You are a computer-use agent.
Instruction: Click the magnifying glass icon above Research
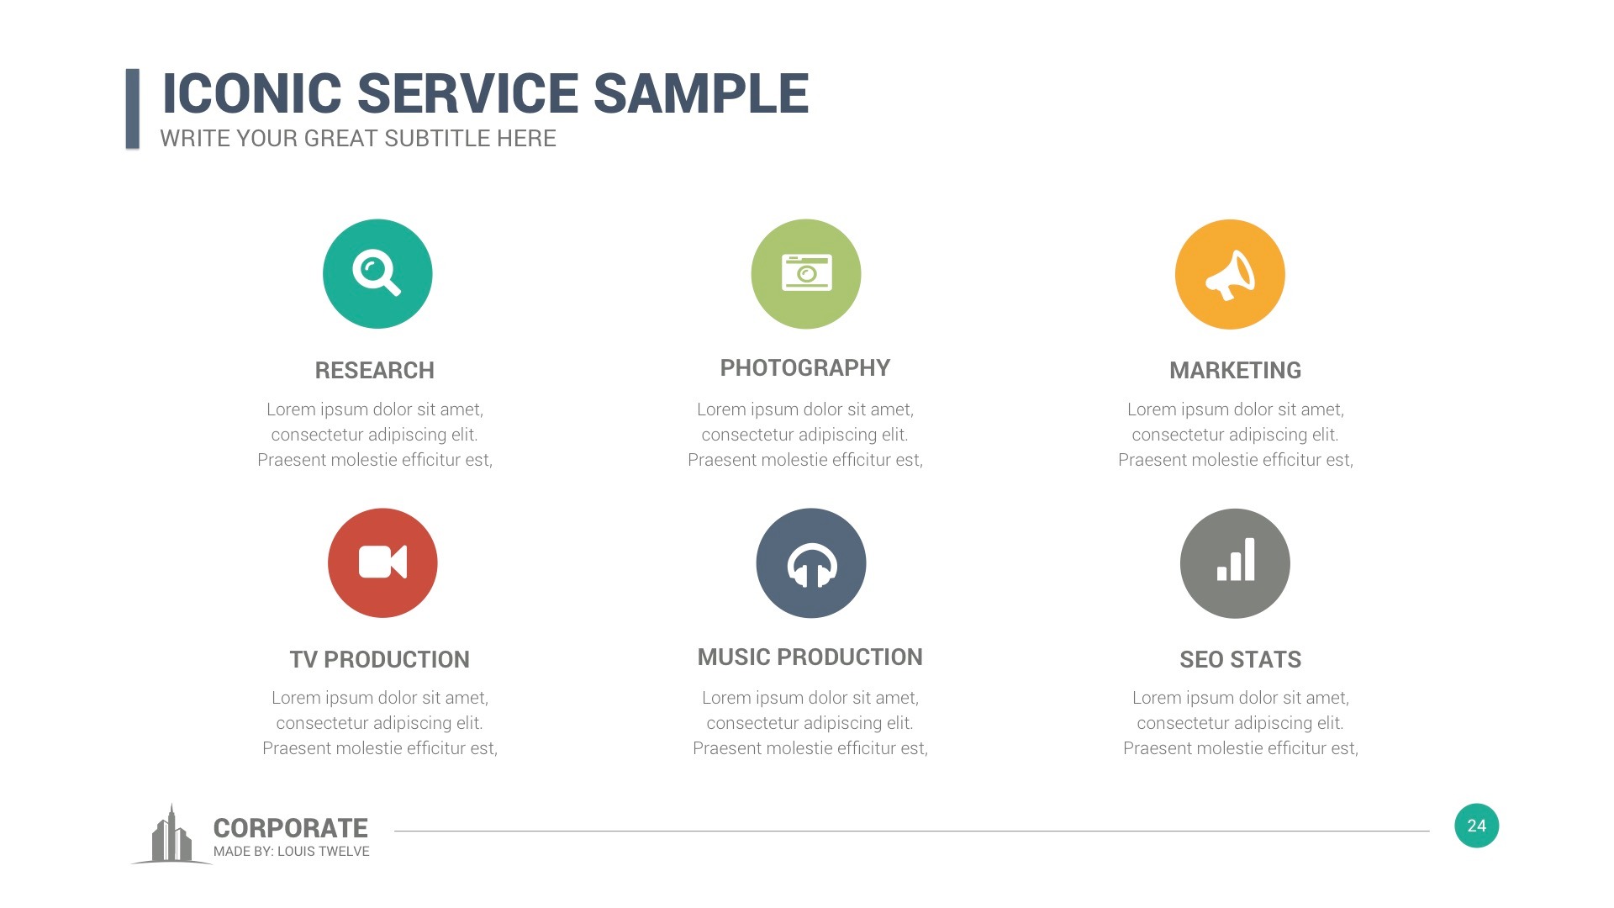click(377, 274)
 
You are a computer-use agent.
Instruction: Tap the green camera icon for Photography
click(806, 274)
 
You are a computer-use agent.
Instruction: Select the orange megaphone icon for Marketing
click(1230, 274)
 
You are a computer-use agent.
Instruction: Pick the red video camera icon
click(382, 563)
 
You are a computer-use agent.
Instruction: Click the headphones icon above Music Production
click(811, 563)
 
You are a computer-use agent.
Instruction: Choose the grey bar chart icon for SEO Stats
click(1235, 563)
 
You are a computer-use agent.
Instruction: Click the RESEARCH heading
click(375, 371)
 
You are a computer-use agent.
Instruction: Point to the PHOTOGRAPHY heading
click(805, 368)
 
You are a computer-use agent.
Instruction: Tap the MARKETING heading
click(1235, 371)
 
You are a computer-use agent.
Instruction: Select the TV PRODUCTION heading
click(380, 660)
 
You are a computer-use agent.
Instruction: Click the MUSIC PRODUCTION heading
click(810, 657)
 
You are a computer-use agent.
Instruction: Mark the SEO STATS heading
click(1240, 660)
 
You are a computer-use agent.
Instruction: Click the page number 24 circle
click(1476, 826)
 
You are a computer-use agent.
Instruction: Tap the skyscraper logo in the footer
click(171, 836)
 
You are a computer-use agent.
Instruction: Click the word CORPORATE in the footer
click(291, 828)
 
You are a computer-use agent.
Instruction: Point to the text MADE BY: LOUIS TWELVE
click(292, 852)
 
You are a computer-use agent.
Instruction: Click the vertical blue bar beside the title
click(132, 109)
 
